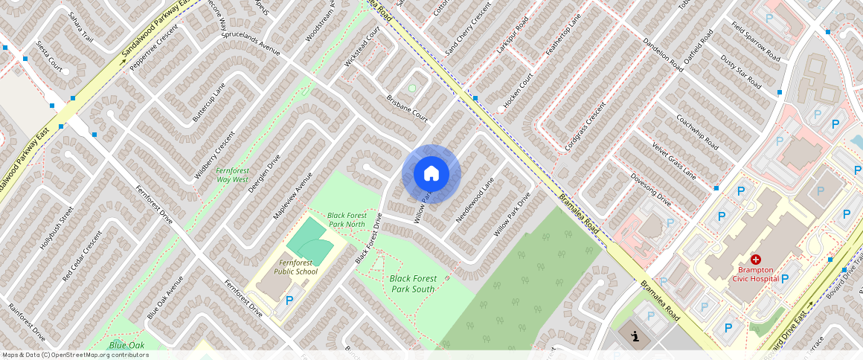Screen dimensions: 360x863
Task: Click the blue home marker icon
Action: click(x=431, y=174)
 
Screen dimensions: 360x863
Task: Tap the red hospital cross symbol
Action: click(x=756, y=259)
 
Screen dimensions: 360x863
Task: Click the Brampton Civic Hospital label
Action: click(x=756, y=274)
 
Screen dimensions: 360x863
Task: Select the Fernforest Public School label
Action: click(x=295, y=267)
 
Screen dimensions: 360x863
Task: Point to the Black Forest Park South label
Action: click(x=413, y=283)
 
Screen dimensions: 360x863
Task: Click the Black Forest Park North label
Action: click(x=346, y=219)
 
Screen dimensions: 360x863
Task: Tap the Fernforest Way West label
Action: click(x=233, y=175)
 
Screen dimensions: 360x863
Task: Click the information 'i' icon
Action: click(x=635, y=336)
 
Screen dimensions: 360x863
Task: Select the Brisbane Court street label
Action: click(x=407, y=108)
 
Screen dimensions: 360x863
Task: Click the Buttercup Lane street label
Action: click(x=208, y=103)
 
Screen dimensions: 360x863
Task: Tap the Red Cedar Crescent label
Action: click(x=82, y=254)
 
